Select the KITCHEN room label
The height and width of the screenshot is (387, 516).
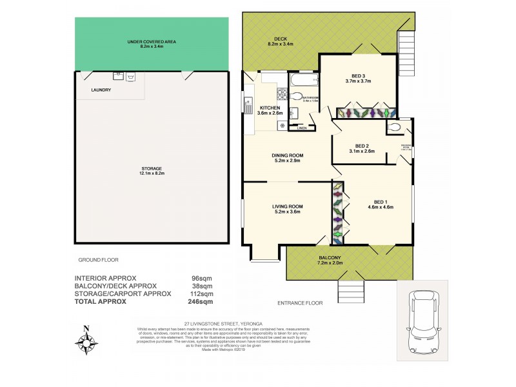point(270,108)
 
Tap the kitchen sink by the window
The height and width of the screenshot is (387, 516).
point(248,104)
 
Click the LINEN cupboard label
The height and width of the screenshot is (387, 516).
point(302,128)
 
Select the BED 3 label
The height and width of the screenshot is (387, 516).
point(358,74)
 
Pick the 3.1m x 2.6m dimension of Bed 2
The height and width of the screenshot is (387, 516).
point(361,152)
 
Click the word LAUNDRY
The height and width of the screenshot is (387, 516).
point(101,90)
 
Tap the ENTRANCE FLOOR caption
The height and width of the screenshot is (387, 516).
point(299,302)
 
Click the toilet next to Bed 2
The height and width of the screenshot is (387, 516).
point(395,128)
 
